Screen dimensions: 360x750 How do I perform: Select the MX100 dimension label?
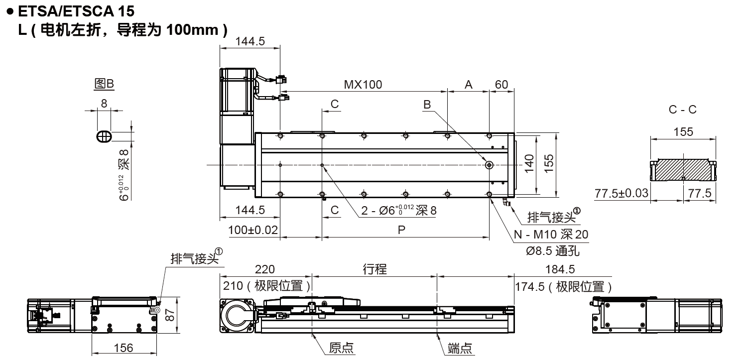[363, 85]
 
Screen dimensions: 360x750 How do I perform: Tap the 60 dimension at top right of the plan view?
[501, 85]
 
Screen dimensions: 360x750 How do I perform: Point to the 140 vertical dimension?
[529, 162]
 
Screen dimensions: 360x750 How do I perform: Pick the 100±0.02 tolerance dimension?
[253, 230]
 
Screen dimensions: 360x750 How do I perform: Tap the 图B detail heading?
[104, 84]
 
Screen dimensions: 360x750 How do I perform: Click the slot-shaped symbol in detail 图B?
[104, 136]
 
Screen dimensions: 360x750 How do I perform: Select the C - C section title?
[682, 110]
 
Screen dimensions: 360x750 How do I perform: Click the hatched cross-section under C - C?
[683, 170]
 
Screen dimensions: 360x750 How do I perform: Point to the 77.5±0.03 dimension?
[622, 193]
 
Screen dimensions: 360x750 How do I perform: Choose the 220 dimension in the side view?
[264, 269]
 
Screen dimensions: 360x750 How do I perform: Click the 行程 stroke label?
[375, 269]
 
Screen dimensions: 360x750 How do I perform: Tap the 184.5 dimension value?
[560, 269]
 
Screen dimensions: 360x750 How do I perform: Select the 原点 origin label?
[342, 348]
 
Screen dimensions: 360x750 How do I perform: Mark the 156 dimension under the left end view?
[123, 348]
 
